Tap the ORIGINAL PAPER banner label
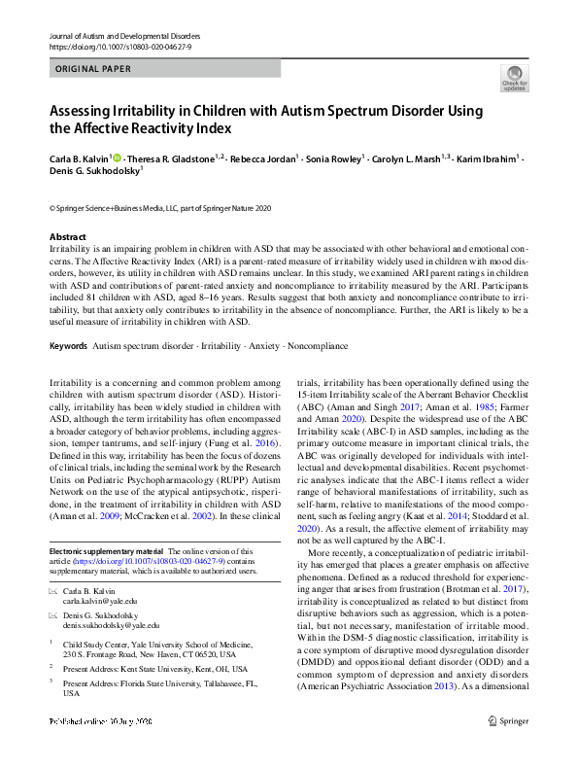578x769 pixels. point(93,70)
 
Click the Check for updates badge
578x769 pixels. point(514,78)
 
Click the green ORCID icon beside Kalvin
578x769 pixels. point(119,157)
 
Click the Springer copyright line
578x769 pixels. point(159,208)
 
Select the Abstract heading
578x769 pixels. point(67,237)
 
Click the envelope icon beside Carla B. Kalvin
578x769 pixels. point(52,591)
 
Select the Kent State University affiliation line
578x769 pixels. point(154,668)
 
